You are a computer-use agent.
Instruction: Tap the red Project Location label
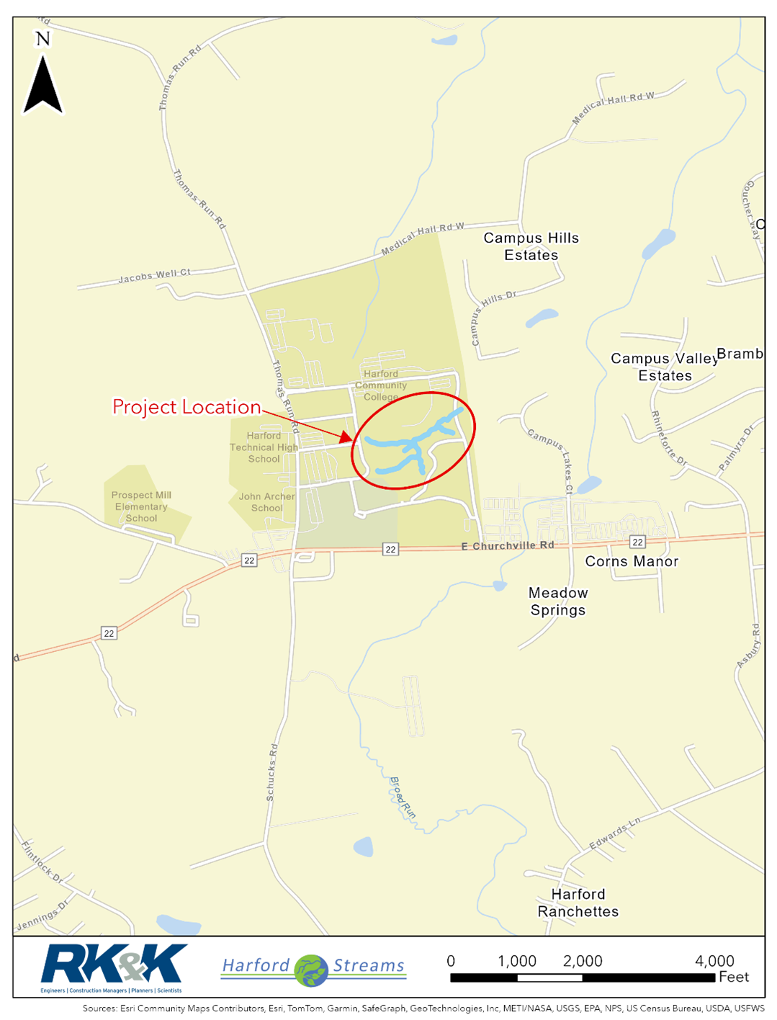(186, 407)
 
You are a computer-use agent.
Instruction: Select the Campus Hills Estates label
(531, 246)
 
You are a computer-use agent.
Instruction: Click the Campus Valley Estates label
(664, 367)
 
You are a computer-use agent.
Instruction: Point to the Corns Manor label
(632, 561)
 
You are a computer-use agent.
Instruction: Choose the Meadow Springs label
(558, 601)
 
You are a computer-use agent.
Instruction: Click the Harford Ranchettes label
(578, 903)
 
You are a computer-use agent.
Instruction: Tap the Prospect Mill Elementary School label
(141, 506)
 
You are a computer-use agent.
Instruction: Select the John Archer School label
(266, 502)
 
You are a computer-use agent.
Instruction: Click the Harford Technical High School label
(264, 447)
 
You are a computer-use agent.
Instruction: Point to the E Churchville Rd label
(508, 546)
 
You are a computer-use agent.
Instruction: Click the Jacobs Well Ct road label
(154, 275)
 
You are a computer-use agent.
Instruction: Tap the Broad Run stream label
(403, 797)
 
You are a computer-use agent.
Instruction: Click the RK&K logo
(114, 965)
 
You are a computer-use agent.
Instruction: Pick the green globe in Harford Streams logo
(312, 970)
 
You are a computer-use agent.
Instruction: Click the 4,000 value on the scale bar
(714, 961)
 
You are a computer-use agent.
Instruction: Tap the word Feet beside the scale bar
(734, 977)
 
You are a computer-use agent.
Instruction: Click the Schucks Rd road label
(271, 772)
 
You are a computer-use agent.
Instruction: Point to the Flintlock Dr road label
(42, 862)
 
